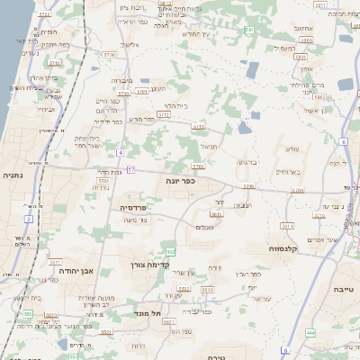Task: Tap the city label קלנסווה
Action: tap(284, 247)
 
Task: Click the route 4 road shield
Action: tap(119, 152)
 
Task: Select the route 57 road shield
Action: tap(131, 168)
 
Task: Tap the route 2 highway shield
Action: tap(28, 219)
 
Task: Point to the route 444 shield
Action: tap(310, 332)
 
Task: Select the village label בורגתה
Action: tap(247, 162)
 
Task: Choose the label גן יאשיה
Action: tap(338, 110)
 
